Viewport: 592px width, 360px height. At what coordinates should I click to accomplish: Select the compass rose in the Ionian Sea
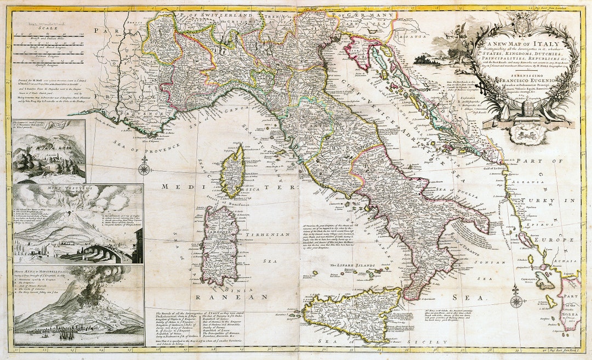[x=516, y=301]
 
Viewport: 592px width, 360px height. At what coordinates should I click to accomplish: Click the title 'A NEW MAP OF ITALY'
[x=513, y=43]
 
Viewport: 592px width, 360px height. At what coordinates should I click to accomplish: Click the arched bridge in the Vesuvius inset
[x=104, y=253]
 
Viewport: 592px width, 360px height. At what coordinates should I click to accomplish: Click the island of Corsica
[x=234, y=170]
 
